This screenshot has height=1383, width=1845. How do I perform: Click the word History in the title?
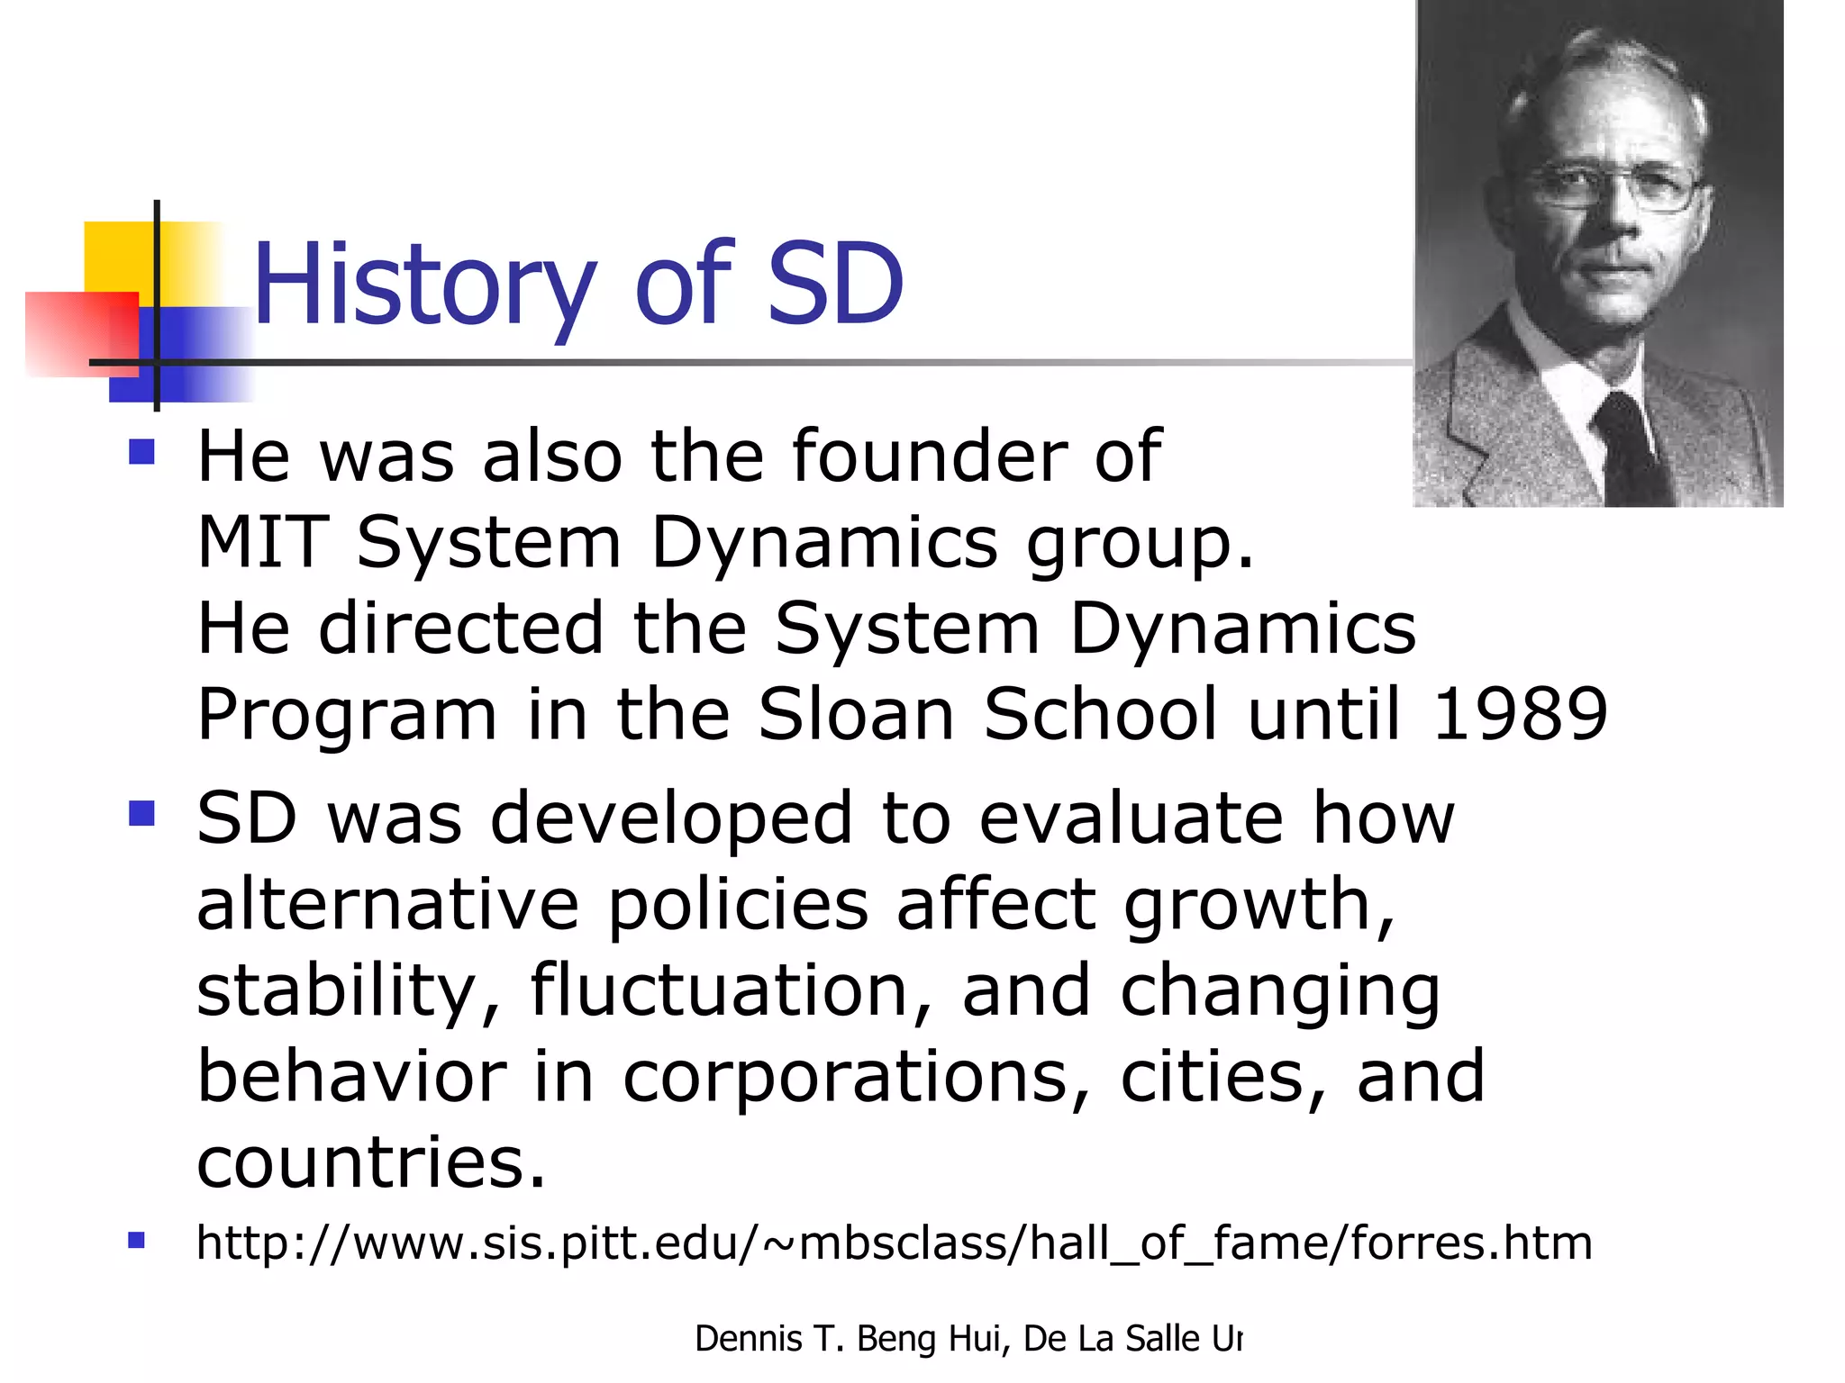[x=423, y=286]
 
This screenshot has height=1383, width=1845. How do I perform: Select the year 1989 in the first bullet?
[x=1519, y=714]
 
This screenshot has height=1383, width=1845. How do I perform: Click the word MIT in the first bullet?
[x=262, y=543]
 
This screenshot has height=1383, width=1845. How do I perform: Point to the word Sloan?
[x=856, y=714]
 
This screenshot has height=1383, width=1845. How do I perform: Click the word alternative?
[x=387, y=905]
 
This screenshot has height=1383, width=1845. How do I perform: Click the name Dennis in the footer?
[x=748, y=1339]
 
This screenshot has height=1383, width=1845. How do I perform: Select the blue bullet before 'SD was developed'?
[x=141, y=813]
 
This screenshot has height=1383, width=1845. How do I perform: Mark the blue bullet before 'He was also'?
[x=141, y=451]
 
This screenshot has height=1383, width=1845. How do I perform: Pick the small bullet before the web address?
[x=136, y=1241]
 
